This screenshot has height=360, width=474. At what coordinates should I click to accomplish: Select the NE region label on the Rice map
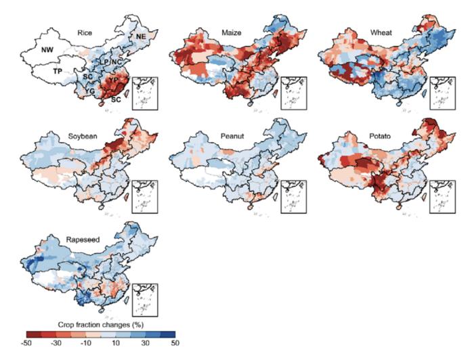pos(141,35)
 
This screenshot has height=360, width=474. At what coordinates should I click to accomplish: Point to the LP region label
pos(105,62)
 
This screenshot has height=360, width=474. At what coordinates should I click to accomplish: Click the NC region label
pos(116,63)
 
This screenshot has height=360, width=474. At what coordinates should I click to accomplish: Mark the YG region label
pos(89,91)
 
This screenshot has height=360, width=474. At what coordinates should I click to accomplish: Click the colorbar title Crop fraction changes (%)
pos(100,323)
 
